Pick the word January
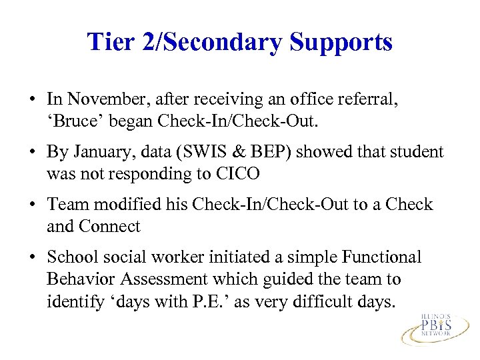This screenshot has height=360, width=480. pyautogui.click(x=99, y=153)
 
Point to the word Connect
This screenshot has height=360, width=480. pyautogui.click(x=111, y=227)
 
